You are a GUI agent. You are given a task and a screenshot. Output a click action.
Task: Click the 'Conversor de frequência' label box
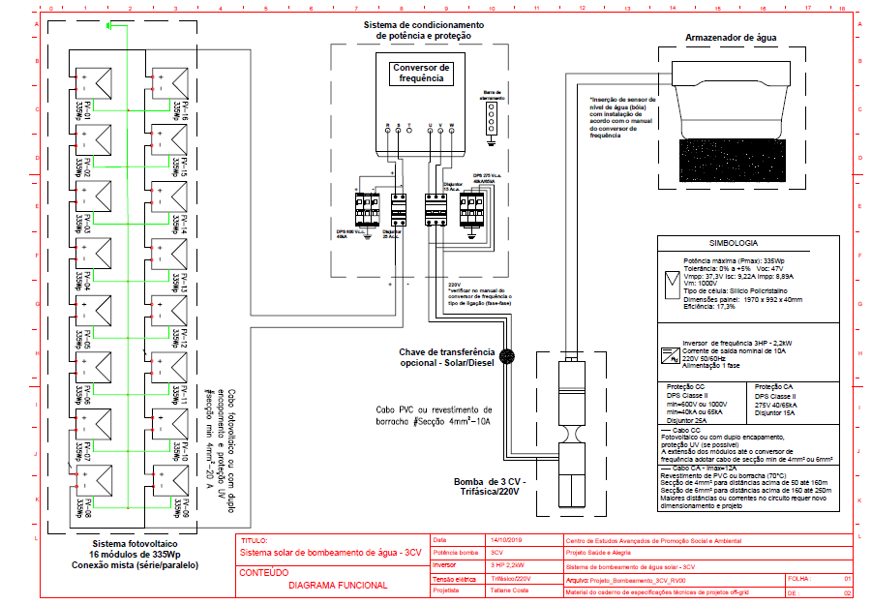point(420,74)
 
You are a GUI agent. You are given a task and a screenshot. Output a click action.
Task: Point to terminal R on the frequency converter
point(386,127)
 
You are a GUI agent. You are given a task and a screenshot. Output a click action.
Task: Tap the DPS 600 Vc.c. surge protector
point(367,208)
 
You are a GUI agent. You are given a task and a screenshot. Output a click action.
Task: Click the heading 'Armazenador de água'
point(731,38)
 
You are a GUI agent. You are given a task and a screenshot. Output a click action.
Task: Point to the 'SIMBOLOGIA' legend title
point(737,245)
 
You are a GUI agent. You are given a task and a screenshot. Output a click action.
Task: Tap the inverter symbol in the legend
point(669,355)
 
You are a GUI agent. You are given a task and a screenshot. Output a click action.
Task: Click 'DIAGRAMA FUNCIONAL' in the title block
point(337,585)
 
